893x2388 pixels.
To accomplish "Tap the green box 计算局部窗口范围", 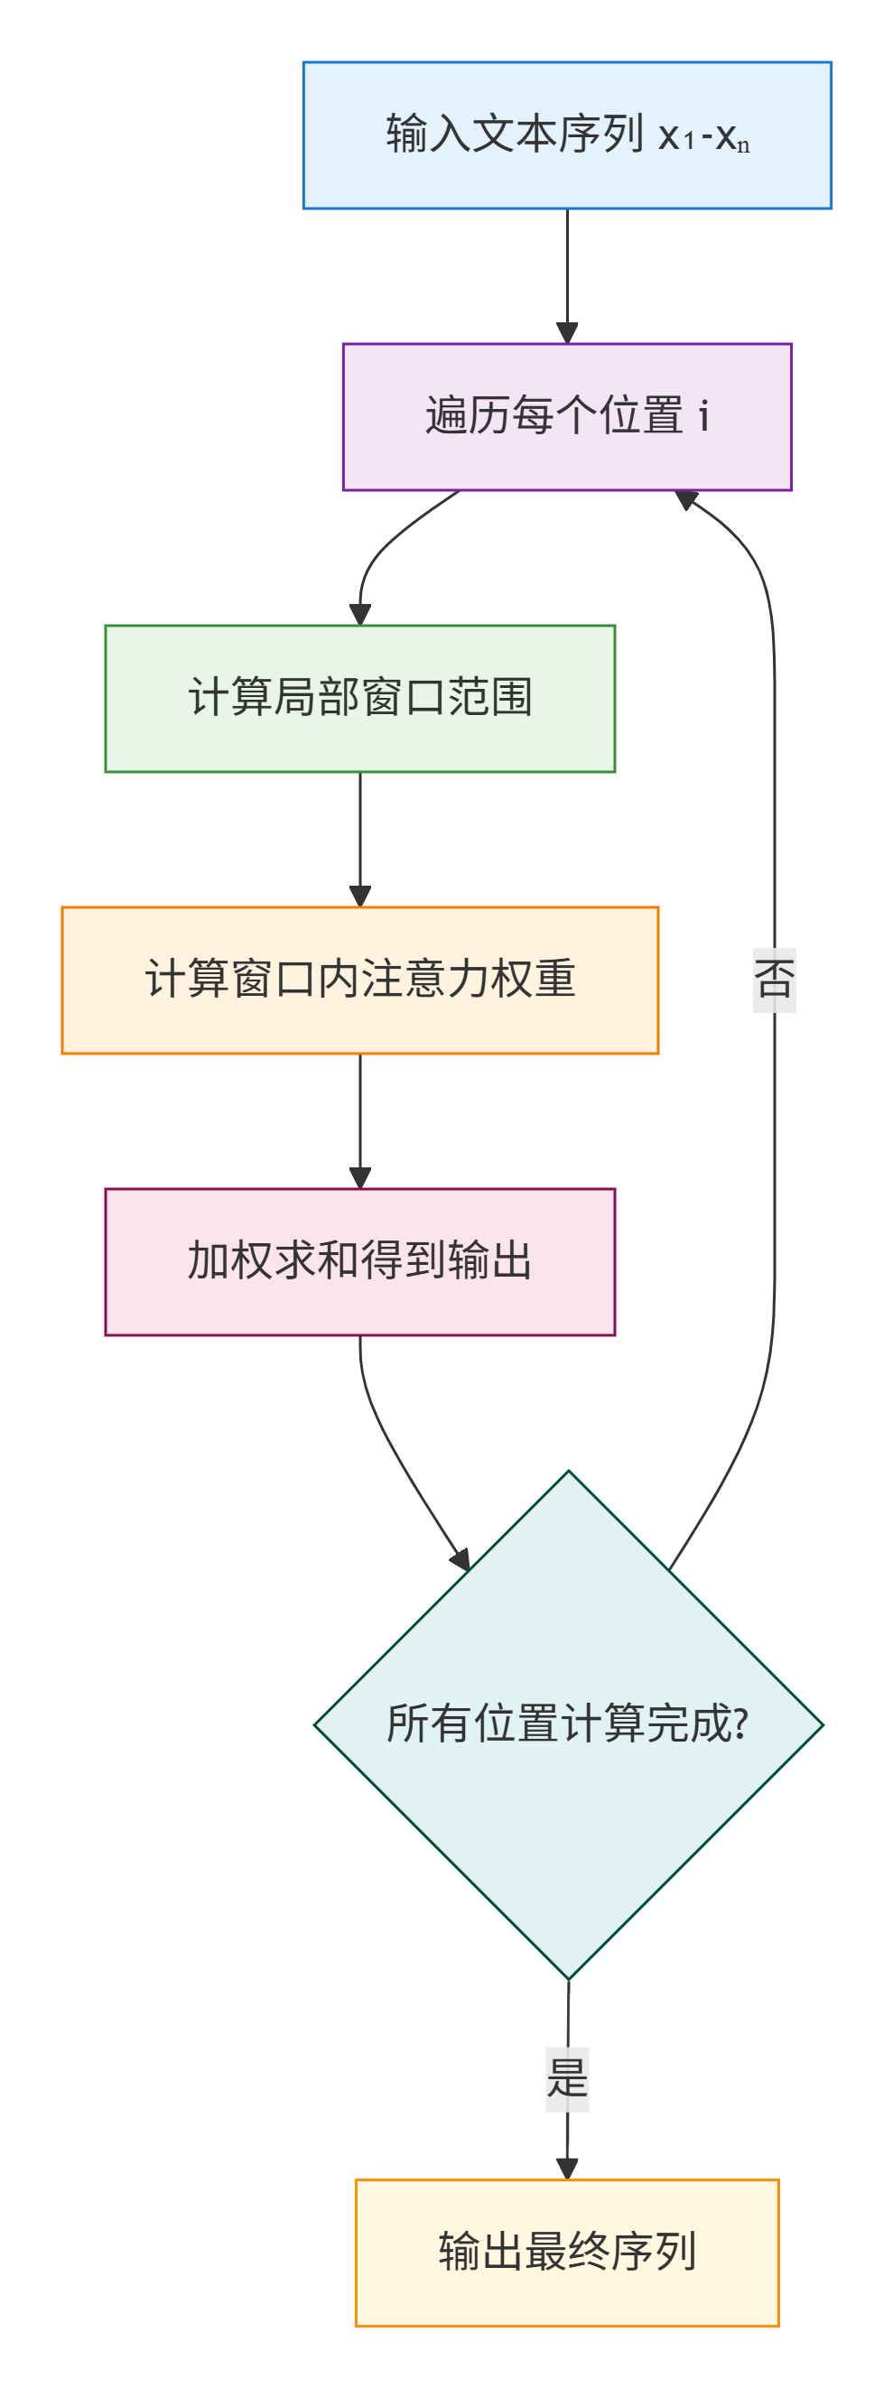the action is [x=359, y=699].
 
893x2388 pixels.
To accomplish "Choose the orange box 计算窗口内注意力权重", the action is [x=359, y=980].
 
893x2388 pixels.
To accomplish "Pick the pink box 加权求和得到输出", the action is [x=359, y=1262].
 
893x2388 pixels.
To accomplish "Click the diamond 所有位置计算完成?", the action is [x=569, y=1725].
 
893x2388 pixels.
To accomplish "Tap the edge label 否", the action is [x=775, y=980].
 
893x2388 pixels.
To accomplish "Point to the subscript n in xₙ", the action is [x=743, y=145].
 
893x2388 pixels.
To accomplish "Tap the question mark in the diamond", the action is [x=740, y=1724].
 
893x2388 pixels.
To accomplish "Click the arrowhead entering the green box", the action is [x=359, y=615].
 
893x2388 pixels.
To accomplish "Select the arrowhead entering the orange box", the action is [x=359, y=897].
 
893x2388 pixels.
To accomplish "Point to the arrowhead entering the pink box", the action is [x=359, y=1178].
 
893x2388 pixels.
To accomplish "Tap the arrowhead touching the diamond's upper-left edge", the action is [x=460, y=1560].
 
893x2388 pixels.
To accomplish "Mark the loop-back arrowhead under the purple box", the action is [x=686, y=499].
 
